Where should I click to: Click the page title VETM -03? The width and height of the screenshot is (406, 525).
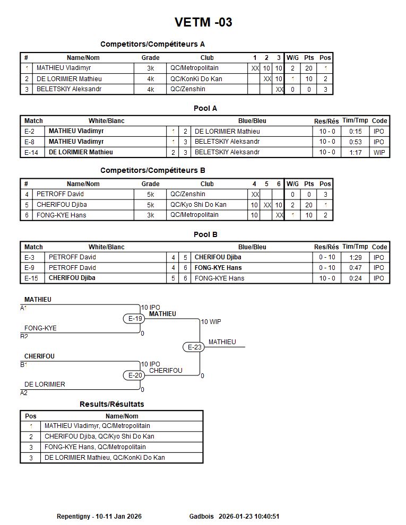203,22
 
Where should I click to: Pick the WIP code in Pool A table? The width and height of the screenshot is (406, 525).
379,152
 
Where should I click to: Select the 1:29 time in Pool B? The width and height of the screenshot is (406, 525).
355,257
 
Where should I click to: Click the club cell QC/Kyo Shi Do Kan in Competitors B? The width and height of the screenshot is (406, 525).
198,205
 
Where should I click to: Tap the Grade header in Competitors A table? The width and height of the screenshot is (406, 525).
150,58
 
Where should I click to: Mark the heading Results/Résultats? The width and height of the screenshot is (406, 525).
112,404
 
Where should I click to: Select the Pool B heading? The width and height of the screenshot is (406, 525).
205,234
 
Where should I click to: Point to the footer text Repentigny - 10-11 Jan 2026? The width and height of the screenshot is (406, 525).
99,516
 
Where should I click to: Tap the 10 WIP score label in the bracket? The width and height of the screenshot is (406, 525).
211,322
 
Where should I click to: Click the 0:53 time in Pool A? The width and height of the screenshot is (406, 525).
355,142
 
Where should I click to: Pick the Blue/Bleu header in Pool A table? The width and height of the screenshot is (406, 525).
252,121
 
